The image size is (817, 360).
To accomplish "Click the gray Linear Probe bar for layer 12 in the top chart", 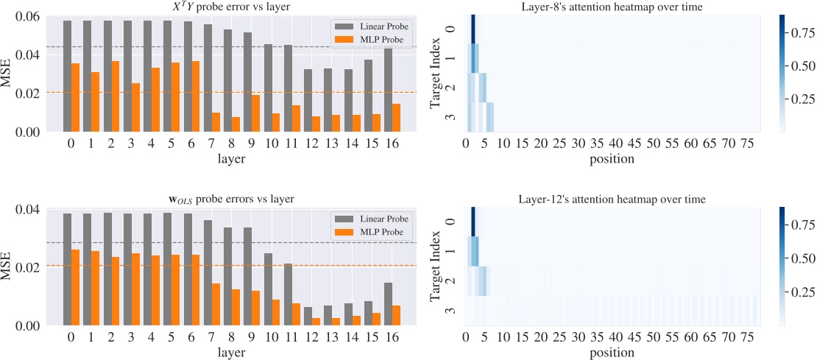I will [308, 100].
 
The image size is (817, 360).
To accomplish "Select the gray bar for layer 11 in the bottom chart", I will [288, 294].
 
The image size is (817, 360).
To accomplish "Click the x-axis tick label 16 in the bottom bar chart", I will [392, 337].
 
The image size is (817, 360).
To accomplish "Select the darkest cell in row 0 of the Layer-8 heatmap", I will [473, 29].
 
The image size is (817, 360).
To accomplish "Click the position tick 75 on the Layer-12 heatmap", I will [747, 337].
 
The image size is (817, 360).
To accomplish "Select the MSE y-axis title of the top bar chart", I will [9, 74].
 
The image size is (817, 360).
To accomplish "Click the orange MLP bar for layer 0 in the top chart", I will [75, 97].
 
